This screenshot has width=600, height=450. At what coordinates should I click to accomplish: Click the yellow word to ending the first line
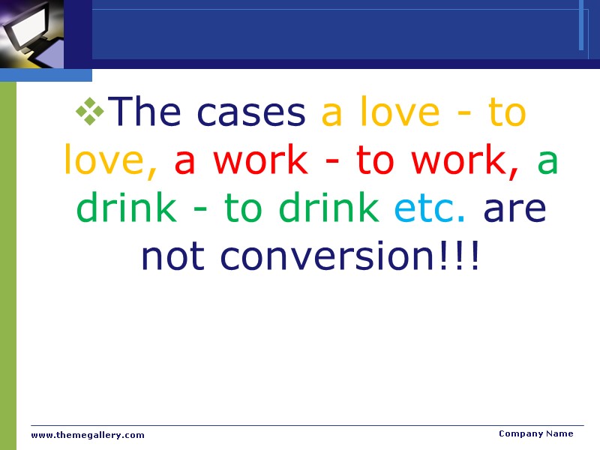[507, 112]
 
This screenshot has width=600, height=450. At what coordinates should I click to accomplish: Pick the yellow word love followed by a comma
[109, 160]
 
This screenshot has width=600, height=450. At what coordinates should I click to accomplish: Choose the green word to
[243, 208]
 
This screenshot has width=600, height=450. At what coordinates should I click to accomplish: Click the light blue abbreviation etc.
[430, 208]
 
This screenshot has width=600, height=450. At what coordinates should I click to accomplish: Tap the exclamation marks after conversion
[466, 256]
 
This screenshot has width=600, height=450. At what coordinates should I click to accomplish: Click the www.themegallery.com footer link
[88, 435]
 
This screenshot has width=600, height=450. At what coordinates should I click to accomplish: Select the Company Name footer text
[535, 433]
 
